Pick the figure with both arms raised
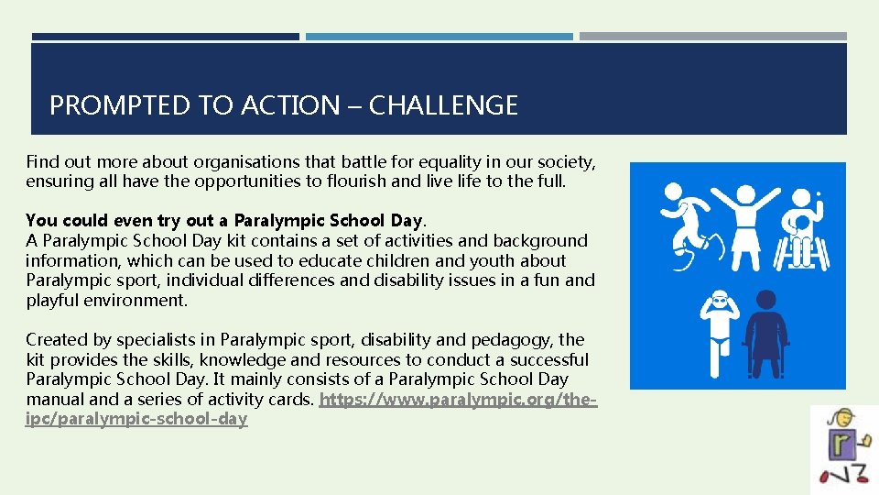point(747,225)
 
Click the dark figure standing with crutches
point(767,332)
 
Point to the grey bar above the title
point(712,37)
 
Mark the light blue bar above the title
point(439,37)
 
